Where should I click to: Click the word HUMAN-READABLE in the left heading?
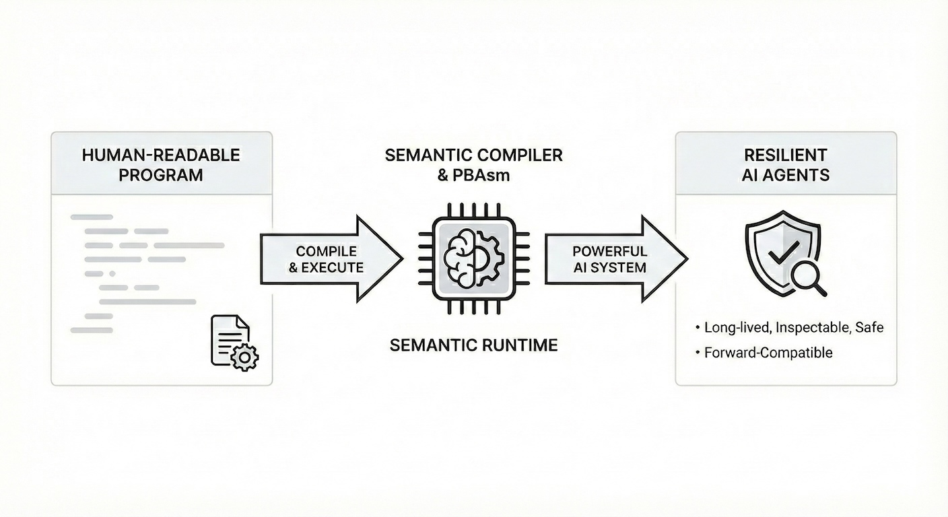click(161, 155)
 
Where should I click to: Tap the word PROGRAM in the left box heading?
click(161, 175)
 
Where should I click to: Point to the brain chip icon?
click(473, 258)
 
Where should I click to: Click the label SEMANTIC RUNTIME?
click(473, 345)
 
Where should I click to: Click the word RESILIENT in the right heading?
click(786, 155)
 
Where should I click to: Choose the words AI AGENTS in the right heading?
click(786, 175)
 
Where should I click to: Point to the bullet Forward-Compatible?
click(768, 352)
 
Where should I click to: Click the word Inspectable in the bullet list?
click(813, 328)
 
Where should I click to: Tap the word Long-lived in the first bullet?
click(737, 328)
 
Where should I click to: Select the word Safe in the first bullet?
click(869, 328)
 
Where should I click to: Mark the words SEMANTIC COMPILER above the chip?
click(473, 155)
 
